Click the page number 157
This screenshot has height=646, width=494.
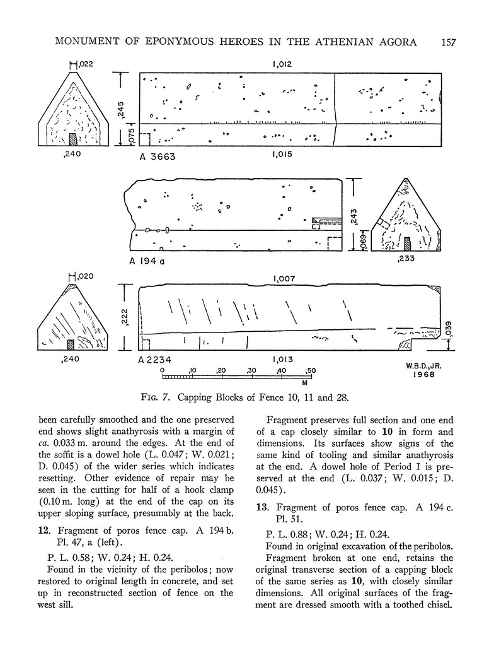(x=449, y=42)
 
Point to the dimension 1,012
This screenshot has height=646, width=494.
(x=282, y=64)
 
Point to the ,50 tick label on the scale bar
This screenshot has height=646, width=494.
(x=309, y=370)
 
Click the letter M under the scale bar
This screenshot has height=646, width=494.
(x=304, y=383)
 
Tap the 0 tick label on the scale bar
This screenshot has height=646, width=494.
(x=163, y=370)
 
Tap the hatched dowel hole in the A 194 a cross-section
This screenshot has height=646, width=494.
(x=407, y=244)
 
